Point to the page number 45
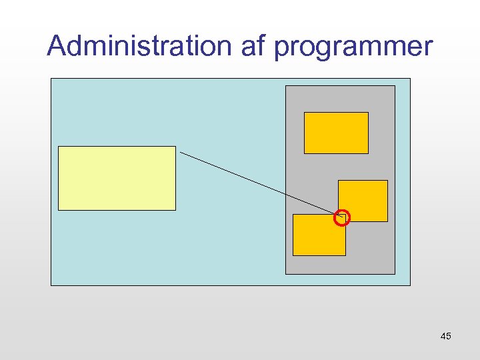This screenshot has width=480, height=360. pos(446,336)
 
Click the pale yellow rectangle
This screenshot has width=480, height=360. pos(117,178)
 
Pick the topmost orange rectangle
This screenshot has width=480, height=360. pos(336,133)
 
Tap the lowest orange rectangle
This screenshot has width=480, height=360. pos(319,235)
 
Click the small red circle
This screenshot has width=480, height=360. pos(341,217)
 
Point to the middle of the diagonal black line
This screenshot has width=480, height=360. pos(260,183)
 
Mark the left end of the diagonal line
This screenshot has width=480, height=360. pos(181,153)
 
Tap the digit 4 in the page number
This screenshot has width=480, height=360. pos(443,336)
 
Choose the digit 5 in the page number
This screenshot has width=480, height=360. pos(449,336)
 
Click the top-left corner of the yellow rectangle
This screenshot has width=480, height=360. pos(59,147)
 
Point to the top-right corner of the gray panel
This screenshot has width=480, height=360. pos(395,86)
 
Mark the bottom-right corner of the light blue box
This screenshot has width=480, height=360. pos(410,285)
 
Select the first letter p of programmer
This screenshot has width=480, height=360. pos(281,49)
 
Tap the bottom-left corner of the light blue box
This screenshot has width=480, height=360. pos(51,285)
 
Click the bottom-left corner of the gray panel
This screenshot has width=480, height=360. pos(286,273)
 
